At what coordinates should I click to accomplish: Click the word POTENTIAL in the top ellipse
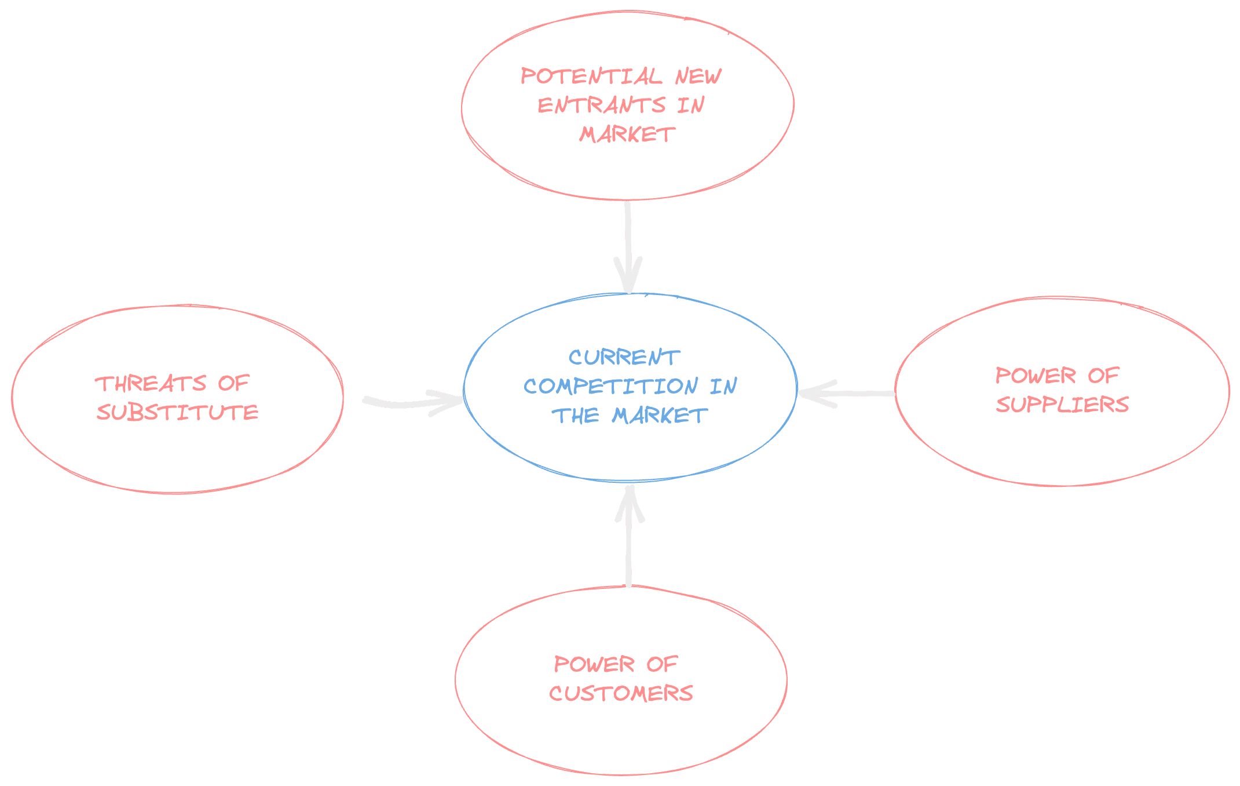coord(591,76)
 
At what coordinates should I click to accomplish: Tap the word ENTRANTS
coord(602,105)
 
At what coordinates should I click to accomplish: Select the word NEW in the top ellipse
coord(698,76)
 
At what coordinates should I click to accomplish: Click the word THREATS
coord(151,383)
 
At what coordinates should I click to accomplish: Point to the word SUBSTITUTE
coord(177,412)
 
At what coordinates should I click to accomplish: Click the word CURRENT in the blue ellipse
coord(624,357)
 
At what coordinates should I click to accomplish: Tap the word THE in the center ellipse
coord(575,415)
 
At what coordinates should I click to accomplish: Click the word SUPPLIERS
coord(1062,404)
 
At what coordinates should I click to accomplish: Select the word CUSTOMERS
coord(621,693)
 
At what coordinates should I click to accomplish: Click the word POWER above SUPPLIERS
coord(1036,375)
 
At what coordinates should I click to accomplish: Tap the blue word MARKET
coord(660,415)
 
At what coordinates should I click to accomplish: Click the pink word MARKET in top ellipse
coord(627,134)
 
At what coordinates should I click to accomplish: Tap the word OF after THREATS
coord(233,383)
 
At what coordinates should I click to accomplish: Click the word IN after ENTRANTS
coord(690,105)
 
